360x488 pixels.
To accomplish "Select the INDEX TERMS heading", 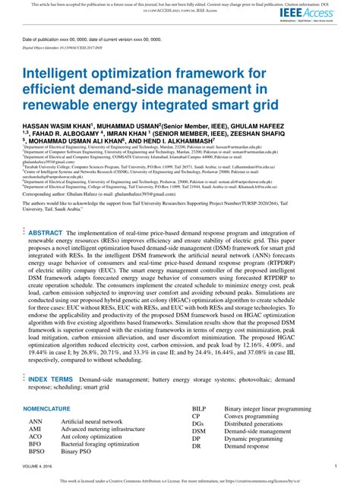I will coord(51,378).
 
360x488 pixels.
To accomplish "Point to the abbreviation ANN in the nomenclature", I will coord(36,420).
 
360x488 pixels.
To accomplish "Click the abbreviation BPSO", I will coord(38,451).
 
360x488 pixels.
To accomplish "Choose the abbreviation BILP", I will coord(200,409).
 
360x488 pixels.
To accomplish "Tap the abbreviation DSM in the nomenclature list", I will coord(199,431).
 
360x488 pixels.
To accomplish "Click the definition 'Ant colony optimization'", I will coord(92,436).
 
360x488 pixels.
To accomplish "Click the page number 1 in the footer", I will coord(336,467).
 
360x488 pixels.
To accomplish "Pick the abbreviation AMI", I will coord(36,428).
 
